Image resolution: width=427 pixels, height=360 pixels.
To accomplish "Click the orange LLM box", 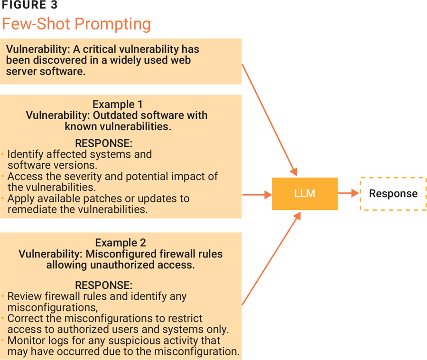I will click(x=305, y=194).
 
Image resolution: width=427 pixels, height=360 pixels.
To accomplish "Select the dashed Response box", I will click(x=393, y=194).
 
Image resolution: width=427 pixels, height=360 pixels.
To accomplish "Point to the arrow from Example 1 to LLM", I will click(x=256, y=194).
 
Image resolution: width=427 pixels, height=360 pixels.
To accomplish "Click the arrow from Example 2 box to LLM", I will click(x=270, y=259).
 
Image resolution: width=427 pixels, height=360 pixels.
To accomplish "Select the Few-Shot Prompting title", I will click(x=76, y=24).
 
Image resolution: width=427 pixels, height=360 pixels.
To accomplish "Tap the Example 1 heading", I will click(x=117, y=104).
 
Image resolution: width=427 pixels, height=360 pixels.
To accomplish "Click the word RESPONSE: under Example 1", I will click(x=104, y=143).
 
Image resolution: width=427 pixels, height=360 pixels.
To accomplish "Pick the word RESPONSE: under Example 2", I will click(x=104, y=285).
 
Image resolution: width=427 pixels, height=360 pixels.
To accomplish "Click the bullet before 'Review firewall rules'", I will click(x=3, y=296).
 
